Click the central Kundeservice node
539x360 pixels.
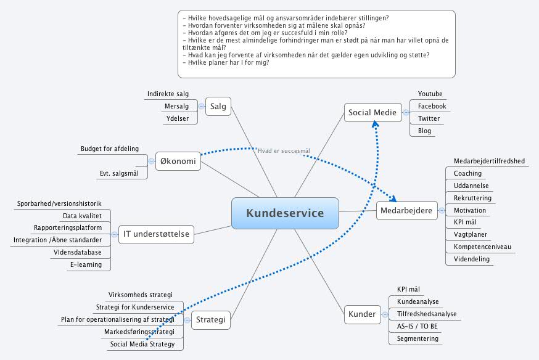click(x=285, y=213)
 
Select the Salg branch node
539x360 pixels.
click(x=218, y=106)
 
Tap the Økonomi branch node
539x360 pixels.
click(x=178, y=162)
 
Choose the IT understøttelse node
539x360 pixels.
click(x=156, y=234)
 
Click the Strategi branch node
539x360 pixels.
click(x=211, y=319)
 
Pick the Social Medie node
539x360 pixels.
click(x=372, y=112)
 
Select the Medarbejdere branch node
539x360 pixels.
click(x=407, y=210)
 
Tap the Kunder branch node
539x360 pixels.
click(x=361, y=314)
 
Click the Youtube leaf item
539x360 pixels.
click(x=430, y=94)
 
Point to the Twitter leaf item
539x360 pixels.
click(x=429, y=118)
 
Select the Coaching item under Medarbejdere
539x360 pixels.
click(x=467, y=173)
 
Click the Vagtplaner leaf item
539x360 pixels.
click(x=471, y=234)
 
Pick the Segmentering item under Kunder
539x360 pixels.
click(x=418, y=338)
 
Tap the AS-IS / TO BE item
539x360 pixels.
click(x=418, y=326)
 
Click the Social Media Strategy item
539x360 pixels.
click(x=142, y=344)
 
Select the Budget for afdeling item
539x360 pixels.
click(x=109, y=149)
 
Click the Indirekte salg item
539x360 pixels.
click(x=168, y=94)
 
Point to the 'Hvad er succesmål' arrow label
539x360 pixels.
click(x=284, y=150)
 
